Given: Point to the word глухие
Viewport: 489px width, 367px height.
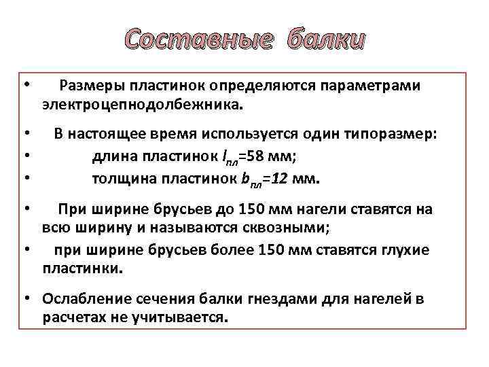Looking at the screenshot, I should pyautogui.click(x=405, y=249).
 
